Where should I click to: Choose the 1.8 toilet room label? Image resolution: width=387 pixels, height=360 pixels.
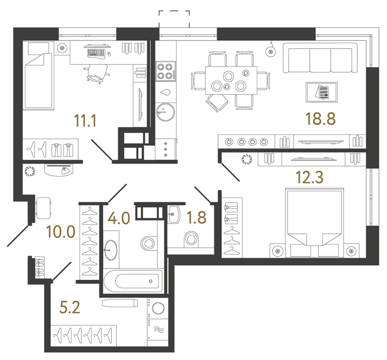(x=196, y=218)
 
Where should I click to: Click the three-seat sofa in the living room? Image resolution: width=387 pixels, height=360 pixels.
(x=321, y=60)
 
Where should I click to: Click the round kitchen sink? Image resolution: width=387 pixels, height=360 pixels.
(x=164, y=112)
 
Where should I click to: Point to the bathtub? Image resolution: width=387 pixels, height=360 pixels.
(x=132, y=281)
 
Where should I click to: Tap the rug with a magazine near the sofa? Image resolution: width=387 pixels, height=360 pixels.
(x=322, y=92)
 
